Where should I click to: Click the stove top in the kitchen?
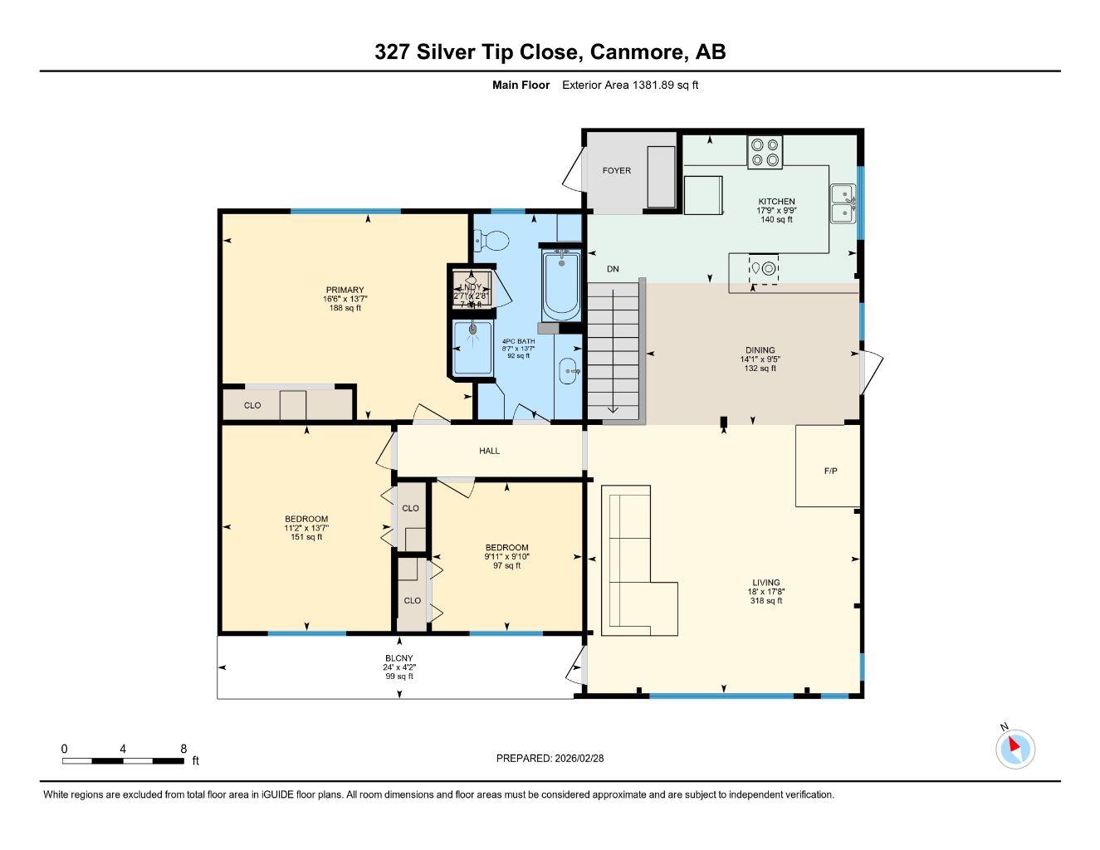pyautogui.click(x=765, y=151)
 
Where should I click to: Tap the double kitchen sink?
pyautogui.click(x=843, y=203)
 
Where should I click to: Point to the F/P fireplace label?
pyautogui.click(x=830, y=471)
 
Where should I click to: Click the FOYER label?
pyautogui.click(x=616, y=170)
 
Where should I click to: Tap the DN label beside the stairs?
pyautogui.click(x=613, y=269)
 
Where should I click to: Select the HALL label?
pyautogui.click(x=489, y=451)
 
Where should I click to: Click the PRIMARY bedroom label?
pyautogui.click(x=345, y=290)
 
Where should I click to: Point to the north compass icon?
pyautogui.click(x=1014, y=748)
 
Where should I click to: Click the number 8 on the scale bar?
pyautogui.click(x=183, y=748)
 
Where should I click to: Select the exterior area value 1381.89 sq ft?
pyautogui.click(x=665, y=85)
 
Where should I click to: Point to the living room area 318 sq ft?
pyautogui.click(x=766, y=601)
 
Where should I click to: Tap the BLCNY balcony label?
pyautogui.click(x=399, y=657)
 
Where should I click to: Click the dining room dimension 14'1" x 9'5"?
pyautogui.click(x=760, y=359)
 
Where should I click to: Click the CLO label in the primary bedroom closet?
pyautogui.click(x=252, y=405)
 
